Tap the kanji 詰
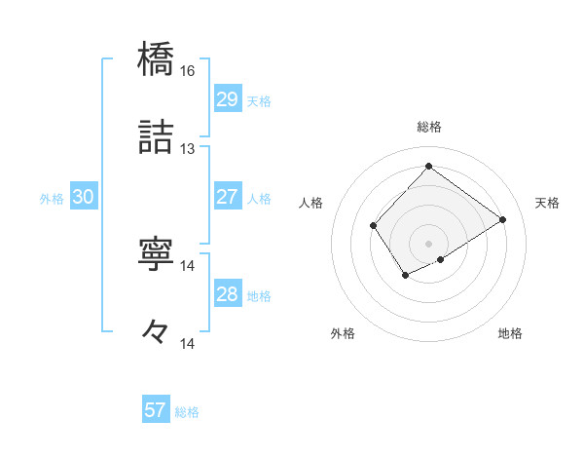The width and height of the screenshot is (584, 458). (157, 137)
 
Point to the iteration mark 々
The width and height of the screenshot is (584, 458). (157, 331)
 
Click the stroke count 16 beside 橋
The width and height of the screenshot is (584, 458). (188, 71)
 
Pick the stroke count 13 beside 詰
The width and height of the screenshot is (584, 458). (188, 149)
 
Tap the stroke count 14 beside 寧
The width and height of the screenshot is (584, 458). (188, 265)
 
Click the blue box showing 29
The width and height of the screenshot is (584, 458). (227, 99)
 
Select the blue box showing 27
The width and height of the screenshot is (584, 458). (227, 197)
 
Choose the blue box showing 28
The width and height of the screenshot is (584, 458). (227, 294)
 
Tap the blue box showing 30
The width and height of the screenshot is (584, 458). (84, 197)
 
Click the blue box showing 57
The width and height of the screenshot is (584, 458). (155, 410)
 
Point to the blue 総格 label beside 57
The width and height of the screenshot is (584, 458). (187, 412)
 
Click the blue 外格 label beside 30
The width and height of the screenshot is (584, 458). (52, 199)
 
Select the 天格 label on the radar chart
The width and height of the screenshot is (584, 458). (547, 203)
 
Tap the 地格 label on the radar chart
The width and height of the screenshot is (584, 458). (510, 333)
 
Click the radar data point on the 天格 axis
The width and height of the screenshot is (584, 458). (503, 219)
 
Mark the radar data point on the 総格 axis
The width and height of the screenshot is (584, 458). (428, 166)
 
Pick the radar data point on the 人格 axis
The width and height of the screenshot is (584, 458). (374, 226)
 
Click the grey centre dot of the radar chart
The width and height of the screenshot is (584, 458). (428, 243)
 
